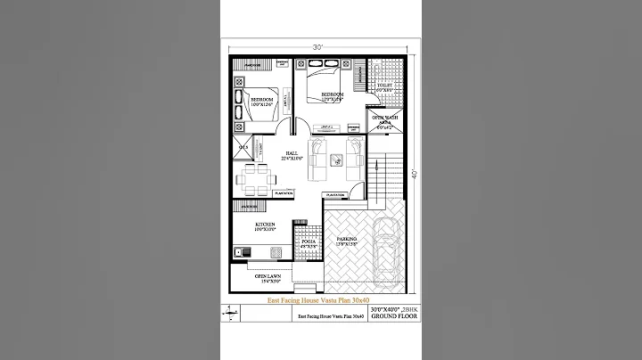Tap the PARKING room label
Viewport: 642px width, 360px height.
[347, 240]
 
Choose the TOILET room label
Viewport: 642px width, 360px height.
[384, 87]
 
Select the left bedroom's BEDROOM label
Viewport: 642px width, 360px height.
[261, 101]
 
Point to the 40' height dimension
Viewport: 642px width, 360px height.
[416, 174]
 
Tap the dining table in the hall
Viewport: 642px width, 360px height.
[254, 177]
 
